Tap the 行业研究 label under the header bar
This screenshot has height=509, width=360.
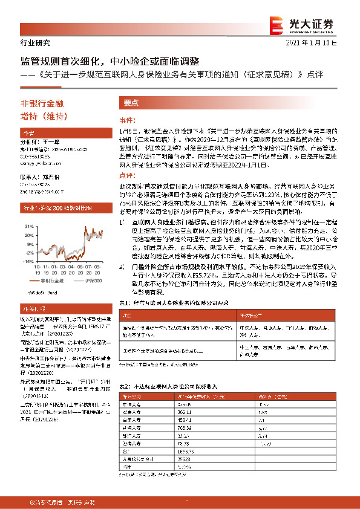(30, 43)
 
